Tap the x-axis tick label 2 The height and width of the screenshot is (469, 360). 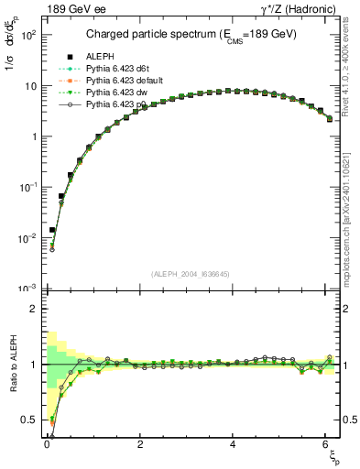140,443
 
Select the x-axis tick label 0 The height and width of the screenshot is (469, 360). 47,443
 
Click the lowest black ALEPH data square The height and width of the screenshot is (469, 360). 52,231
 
